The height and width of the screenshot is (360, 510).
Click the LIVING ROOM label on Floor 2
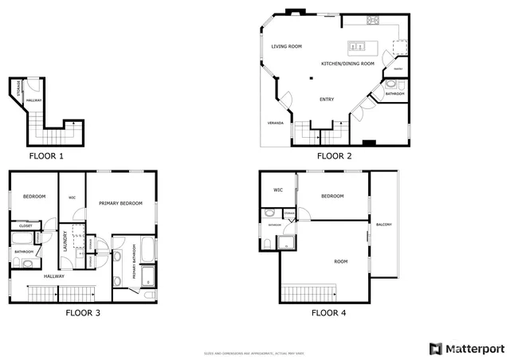coord(287,47)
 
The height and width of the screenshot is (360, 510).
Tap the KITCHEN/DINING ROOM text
coord(347,64)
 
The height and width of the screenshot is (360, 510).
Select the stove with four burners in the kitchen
coord(373,21)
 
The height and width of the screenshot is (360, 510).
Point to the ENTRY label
coord(327,100)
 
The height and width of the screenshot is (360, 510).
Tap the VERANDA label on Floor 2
coord(275,123)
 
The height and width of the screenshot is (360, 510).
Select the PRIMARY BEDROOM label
coord(120,204)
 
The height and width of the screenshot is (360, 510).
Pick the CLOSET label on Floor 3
coord(25,226)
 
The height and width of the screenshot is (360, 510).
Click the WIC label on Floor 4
coord(278,190)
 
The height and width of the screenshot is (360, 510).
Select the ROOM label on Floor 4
coord(340,261)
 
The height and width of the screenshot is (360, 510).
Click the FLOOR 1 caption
coord(46,156)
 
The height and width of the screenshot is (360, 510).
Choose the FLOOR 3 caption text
coord(83,313)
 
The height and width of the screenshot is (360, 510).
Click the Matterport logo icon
coord(434,349)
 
